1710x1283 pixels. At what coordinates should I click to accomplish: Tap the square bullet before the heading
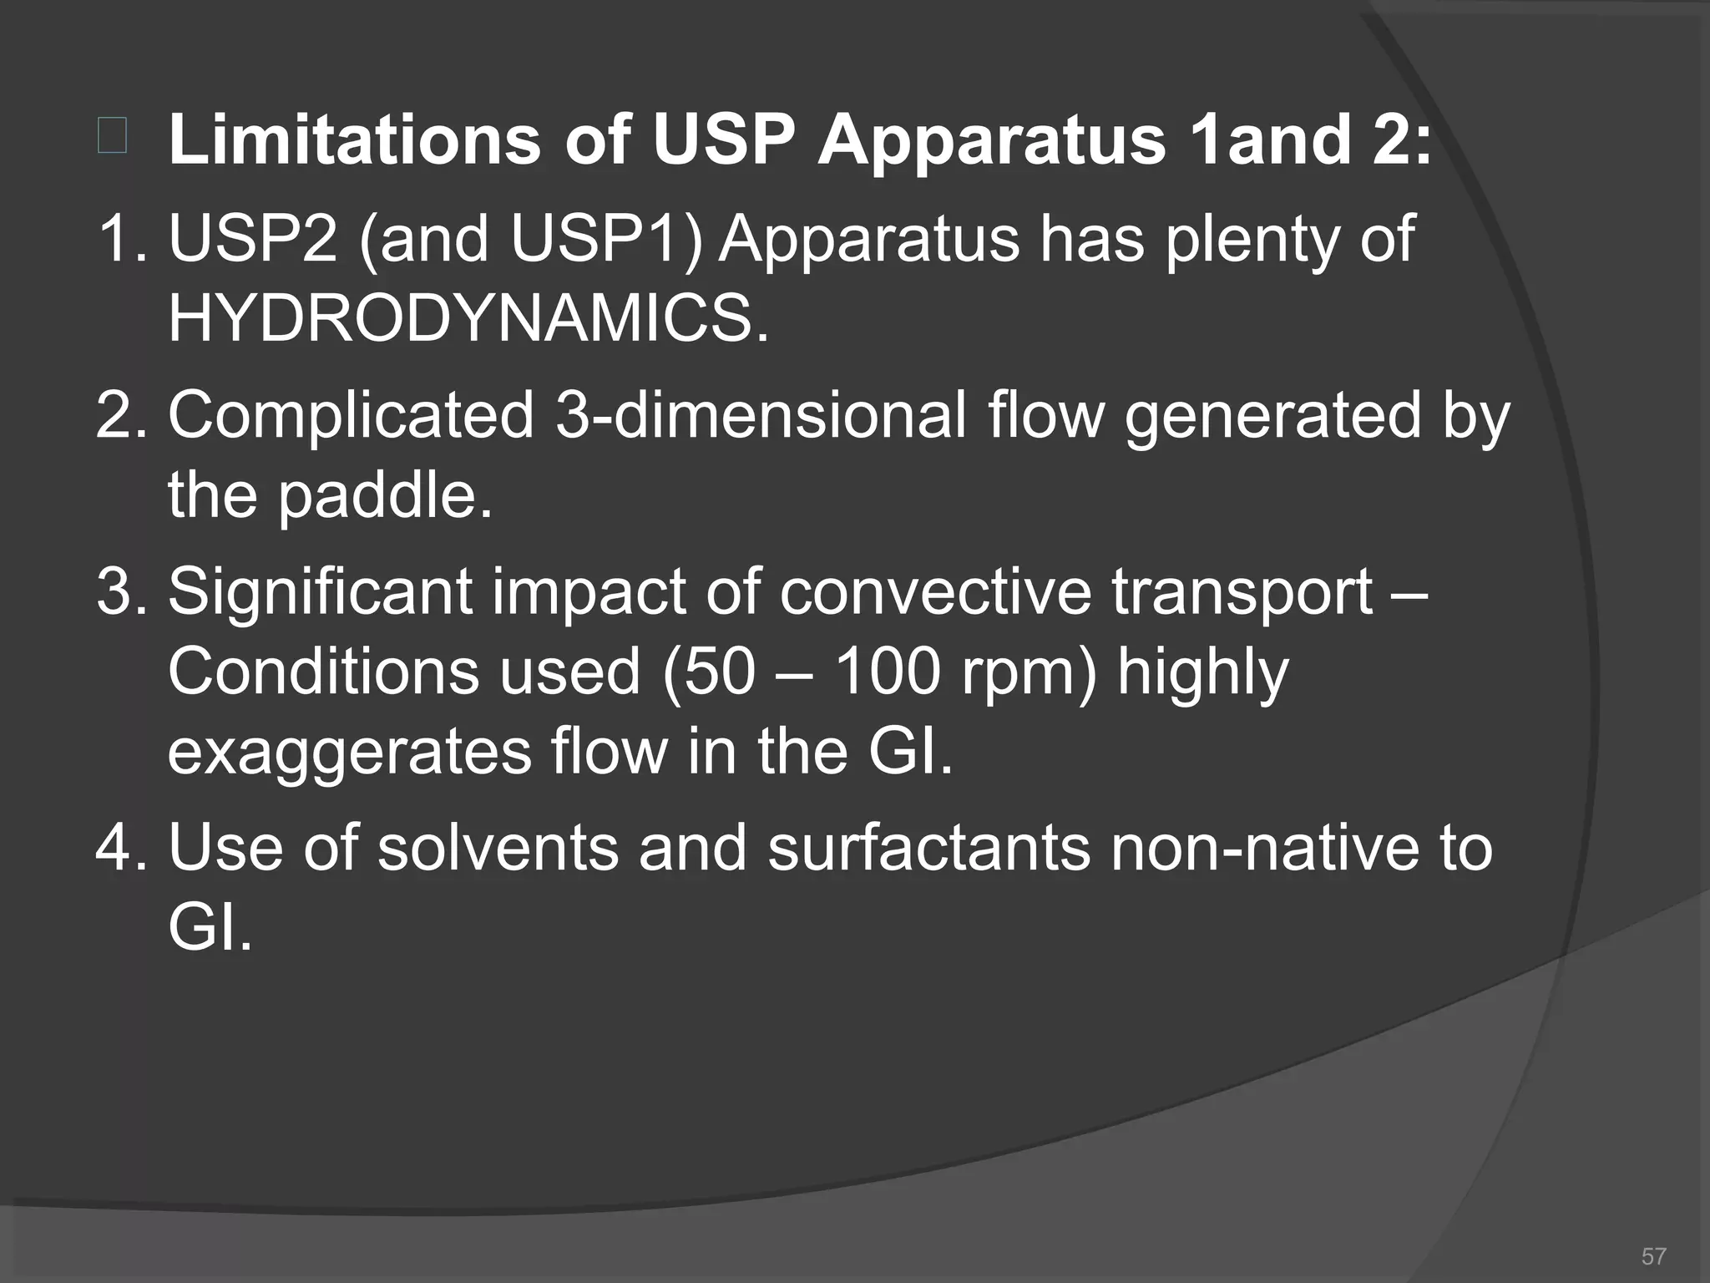(112, 137)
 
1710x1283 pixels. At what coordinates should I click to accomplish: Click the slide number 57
(1653, 1256)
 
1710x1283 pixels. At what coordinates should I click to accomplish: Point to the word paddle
(384, 497)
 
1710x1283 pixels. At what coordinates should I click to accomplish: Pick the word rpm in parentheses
(1020, 672)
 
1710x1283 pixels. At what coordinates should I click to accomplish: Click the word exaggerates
(349, 751)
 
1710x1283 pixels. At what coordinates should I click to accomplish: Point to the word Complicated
(351, 415)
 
